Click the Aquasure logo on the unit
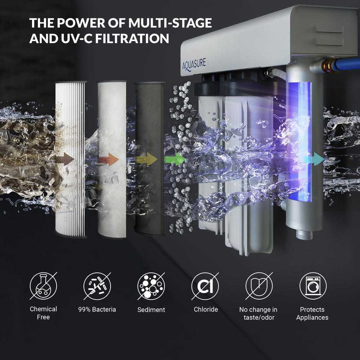pyautogui.click(x=194, y=64)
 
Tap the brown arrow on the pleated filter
pyautogui.click(x=65, y=159)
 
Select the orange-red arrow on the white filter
pyautogui.click(x=109, y=159)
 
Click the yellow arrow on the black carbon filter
pyautogui.click(x=147, y=159)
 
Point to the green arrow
pyautogui.click(x=175, y=159)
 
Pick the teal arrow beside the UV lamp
pyautogui.click(x=314, y=159)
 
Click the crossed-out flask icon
pyautogui.click(x=44, y=286)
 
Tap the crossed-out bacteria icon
pyautogui.click(x=97, y=286)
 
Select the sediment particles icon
pyautogui.click(x=151, y=286)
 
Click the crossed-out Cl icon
pyautogui.click(x=205, y=286)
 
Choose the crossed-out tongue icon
pyautogui.click(x=259, y=286)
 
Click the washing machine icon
pyautogui.click(x=313, y=286)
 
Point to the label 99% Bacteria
pyautogui.click(x=97, y=310)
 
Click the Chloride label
pyautogui.click(x=206, y=310)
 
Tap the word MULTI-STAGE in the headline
pyautogui.click(x=170, y=23)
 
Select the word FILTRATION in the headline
pyautogui.click(x=132, y=39)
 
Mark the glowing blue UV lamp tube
pyautogui.click(x=300, y=141)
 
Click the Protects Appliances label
pyautogui.click(x=312, y=314)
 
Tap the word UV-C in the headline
pyautogui.click(x=76, y=39)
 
